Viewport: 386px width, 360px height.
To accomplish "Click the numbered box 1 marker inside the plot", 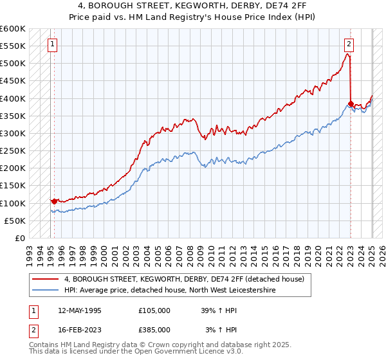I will [x=51, y=45].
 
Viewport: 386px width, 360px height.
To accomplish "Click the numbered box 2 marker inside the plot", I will [x=348, y=44].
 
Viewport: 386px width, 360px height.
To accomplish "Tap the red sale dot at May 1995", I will [x=54, y=201].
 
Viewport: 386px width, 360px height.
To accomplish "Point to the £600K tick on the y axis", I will [x=12, y=29].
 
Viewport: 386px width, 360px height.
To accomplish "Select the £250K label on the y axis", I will [x=12, y=150].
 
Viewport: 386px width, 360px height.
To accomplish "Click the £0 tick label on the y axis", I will [x=19, y=238].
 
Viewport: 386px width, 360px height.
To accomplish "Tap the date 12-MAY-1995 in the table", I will [x=80, y=310].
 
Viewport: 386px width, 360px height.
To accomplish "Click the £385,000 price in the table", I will [x=154, y=329].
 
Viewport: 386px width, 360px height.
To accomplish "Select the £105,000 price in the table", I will [x=154, y=310].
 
